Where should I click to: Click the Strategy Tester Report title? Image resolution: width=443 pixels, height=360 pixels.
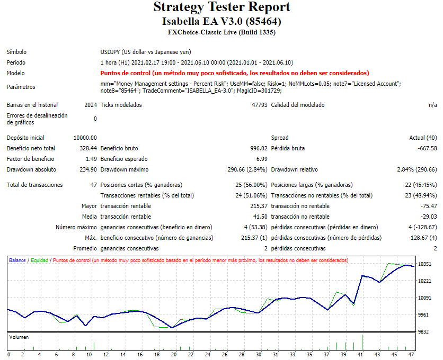click(221, 7)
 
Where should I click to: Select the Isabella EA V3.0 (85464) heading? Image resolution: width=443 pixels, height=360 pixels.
click(221, 22)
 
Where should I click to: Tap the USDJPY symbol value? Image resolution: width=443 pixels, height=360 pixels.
click(146, 52)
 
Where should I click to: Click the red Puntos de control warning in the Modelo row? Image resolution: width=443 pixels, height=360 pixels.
click(234, 73)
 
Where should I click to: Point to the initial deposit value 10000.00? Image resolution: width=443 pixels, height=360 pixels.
click(85, 138)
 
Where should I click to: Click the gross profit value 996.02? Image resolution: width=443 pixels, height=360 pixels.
click(258, 148)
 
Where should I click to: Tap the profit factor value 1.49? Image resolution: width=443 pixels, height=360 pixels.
click(91, 159)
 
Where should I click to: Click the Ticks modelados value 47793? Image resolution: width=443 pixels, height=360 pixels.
click(259, 105)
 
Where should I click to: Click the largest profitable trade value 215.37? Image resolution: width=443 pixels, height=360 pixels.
click(258, 206)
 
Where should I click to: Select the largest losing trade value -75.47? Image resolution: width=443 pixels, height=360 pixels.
click(428, 206)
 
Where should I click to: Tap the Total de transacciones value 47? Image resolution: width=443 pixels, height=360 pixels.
click(93, 185)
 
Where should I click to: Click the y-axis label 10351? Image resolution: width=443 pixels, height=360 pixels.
click(425, 264)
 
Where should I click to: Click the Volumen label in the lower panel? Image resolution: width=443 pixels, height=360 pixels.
click(19, 337)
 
